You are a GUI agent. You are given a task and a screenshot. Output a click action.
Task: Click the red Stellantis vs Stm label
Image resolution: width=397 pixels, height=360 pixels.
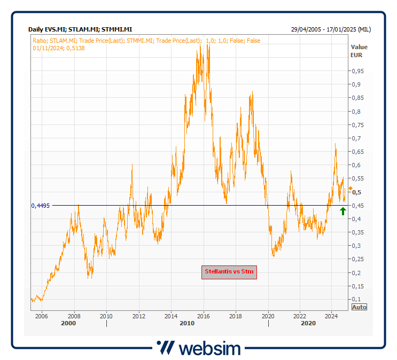(x=229, y=272)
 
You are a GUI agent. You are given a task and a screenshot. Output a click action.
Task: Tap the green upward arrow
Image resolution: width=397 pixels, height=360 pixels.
(x=343, y=211)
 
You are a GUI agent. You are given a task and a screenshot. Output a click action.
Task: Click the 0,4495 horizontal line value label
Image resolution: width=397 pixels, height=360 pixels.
(x=41, y=206)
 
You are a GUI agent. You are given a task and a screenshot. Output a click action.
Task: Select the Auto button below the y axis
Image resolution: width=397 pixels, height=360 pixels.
(x=360, y=307)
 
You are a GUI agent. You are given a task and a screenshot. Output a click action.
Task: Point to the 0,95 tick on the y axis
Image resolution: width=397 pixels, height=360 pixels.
(x=357, y=71)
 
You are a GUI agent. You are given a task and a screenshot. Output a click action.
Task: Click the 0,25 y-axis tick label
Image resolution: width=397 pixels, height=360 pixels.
(x=357, y=259)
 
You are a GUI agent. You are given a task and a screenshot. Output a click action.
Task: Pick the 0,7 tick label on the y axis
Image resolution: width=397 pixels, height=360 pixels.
(x=356, y=138)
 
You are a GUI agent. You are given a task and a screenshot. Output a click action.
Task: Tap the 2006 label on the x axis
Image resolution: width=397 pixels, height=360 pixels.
(x=42, y=316)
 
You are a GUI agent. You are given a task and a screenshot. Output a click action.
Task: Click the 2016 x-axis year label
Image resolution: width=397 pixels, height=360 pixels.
(x=203, y=316)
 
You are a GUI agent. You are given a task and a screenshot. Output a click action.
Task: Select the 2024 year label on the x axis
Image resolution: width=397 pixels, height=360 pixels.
(x=331, y=316)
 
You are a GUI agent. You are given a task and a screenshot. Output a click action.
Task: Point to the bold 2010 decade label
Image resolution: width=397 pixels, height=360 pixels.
(x=187, y=324)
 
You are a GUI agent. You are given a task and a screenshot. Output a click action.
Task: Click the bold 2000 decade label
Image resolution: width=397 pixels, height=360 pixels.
(x=69, y=324)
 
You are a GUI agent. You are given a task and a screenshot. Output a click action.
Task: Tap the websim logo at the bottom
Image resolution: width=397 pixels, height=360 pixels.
(x=198, y=348)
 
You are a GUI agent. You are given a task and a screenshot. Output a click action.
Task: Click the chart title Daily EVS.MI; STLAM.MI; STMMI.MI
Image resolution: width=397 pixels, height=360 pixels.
(x=80, y=29)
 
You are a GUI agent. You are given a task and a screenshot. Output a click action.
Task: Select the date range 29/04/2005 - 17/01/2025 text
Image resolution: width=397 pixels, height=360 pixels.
(x=331, y=29)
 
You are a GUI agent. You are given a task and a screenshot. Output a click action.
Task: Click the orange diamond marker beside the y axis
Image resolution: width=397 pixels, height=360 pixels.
(x=350, y=189)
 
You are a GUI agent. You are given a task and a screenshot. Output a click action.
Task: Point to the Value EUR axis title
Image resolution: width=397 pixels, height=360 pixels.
(x=359, y=51)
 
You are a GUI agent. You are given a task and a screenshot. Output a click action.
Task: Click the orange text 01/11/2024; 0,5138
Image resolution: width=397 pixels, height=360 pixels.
(x=59, y=48)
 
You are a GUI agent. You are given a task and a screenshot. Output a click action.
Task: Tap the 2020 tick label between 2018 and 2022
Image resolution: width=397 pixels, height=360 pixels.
(x=267, y=316)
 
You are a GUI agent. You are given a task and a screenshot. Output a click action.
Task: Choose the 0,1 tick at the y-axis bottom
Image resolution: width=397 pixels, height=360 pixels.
(x=356, y=299)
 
